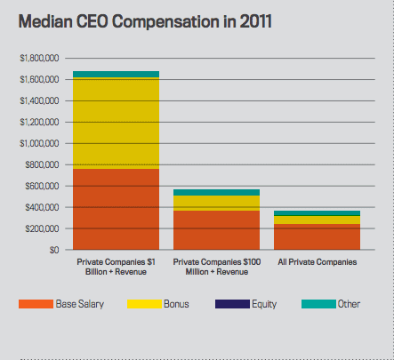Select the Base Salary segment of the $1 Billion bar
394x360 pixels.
(116, 209)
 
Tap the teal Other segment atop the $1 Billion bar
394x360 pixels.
(116, 74)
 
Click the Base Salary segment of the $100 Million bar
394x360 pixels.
(216, 229)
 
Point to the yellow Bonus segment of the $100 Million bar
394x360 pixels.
(216, 203)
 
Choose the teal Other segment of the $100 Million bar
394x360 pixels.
(216, 192)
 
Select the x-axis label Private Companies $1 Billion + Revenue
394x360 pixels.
(116, 267)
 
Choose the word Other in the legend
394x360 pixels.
(349, 304)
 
